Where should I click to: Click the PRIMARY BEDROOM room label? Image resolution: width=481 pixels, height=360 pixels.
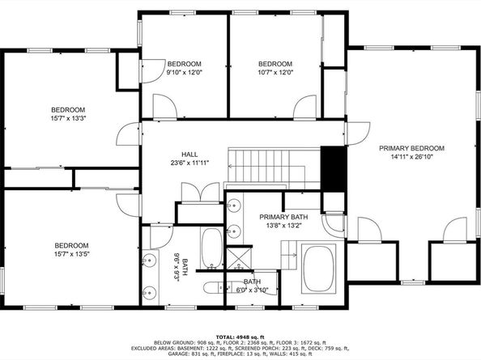[411, 148]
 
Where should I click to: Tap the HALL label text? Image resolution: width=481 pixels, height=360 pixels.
[189, 155]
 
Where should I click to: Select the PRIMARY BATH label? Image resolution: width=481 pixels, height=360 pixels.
[283, 218]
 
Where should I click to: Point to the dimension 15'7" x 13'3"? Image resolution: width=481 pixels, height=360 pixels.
[68, 118]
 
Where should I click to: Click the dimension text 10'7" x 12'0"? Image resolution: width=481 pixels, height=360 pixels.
[275, 73]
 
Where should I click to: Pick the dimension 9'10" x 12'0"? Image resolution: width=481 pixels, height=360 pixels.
[185, 73]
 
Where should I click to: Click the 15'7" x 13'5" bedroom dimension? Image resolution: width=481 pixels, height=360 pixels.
[72, 254]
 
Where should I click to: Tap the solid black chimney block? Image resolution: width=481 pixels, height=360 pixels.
[334, 169]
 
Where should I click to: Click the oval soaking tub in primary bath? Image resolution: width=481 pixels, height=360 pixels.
[319, 269]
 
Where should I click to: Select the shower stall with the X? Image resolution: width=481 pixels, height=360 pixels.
[239, 259]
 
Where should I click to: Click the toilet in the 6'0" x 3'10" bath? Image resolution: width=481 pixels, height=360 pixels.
[215, 287]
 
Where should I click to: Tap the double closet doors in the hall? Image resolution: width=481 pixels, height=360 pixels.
[201, 193]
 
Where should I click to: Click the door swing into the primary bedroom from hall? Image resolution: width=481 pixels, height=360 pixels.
[358, 133]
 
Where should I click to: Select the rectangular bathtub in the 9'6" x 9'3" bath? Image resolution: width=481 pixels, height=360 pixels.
[211, 248]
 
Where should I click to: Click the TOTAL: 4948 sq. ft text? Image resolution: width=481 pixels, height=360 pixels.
[240, 337]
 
